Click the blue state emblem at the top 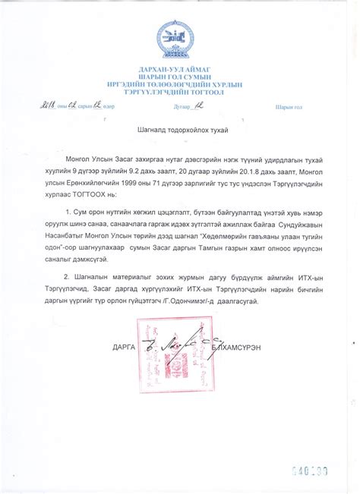[179, 37]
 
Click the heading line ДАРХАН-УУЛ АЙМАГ [179, 70]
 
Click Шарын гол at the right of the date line [289, 107]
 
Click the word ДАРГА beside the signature [124, 346]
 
